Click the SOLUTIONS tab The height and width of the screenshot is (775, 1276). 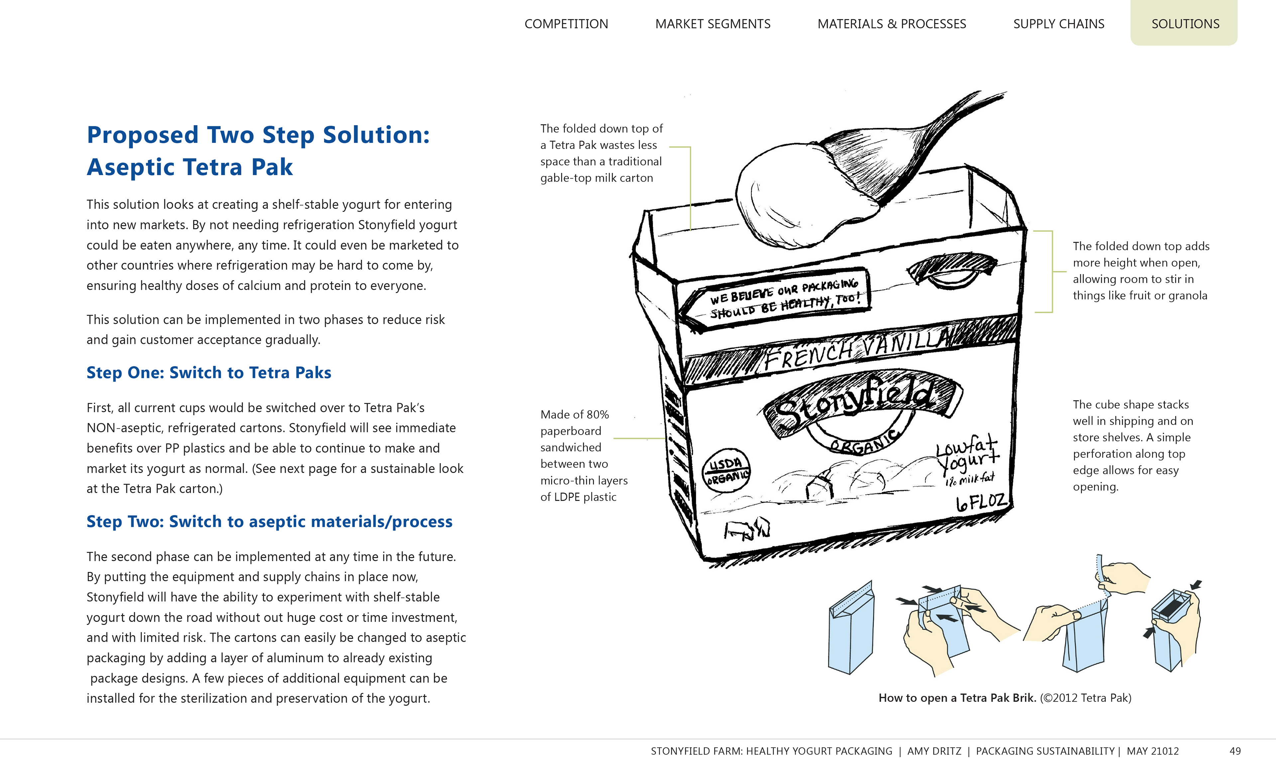click(x=1185, y=24)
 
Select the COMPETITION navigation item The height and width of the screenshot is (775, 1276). click(x=566, y=24)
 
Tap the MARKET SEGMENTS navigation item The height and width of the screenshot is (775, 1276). click(x=712, y=24)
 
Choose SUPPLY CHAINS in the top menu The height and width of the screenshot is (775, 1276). click(x=1058, y=24)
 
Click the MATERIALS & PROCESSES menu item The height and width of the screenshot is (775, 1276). click(x=891, y=24)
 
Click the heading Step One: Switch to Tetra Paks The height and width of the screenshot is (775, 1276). click(x=209, y=372)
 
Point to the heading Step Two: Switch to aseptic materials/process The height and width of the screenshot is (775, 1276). click(x=269, y=521)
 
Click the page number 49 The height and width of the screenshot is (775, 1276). click(x=1235, y=751)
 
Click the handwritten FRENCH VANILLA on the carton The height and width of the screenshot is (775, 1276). click(x=857, y=350)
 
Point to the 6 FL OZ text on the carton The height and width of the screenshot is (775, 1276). click(x=981, y=501)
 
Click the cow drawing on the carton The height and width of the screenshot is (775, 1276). click(x=746, y=529)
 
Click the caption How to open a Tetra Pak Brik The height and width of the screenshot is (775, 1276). click(x=957, y=698)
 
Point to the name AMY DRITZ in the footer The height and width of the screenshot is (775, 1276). click(x=934, y=751)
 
